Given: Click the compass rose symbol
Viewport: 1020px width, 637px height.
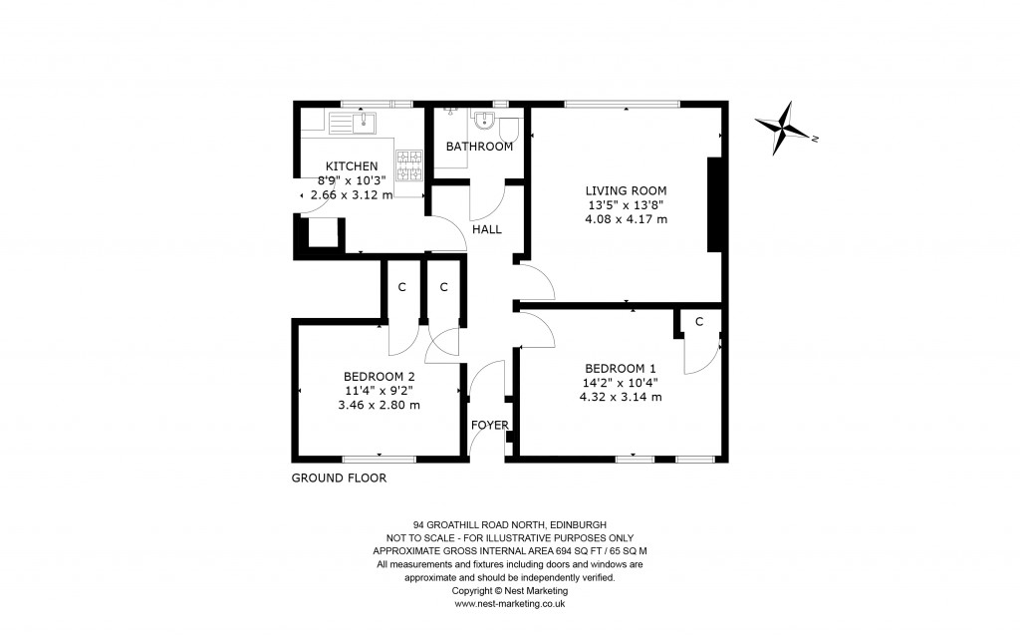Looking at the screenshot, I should click(786, 129).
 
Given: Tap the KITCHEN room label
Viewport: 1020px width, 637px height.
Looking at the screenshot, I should click(351, 165).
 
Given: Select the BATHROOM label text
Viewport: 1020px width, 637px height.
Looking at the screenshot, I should click(479, 147).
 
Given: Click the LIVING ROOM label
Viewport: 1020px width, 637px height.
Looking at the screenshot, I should click(626, 190).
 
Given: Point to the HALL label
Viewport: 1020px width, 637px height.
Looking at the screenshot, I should click(487, 229).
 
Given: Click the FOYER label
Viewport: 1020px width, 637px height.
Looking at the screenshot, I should click(490, 425).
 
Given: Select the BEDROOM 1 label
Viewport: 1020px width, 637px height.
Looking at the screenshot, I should click(621, 366).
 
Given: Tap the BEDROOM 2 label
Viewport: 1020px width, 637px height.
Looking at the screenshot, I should click(379, 376).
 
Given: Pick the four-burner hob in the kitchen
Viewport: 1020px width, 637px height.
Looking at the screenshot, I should click(409, 163).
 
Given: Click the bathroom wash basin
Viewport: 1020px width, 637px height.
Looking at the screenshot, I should click(483, 121).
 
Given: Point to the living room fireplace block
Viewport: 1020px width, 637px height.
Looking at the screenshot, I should click(713, 204).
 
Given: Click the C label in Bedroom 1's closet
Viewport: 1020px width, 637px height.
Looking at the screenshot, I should click(699, 321).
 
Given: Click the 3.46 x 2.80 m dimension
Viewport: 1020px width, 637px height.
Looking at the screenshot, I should click(379, 405).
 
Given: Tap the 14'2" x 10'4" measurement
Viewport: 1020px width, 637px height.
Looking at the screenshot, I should click(621, 381).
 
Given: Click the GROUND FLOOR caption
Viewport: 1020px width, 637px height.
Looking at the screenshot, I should click(339, 478).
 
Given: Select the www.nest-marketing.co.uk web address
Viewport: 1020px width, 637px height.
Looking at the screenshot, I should click(510, 604).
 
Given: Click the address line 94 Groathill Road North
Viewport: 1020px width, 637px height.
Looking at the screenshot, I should click(510, 524).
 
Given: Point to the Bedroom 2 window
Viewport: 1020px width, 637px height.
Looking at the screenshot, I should click(379, 459).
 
